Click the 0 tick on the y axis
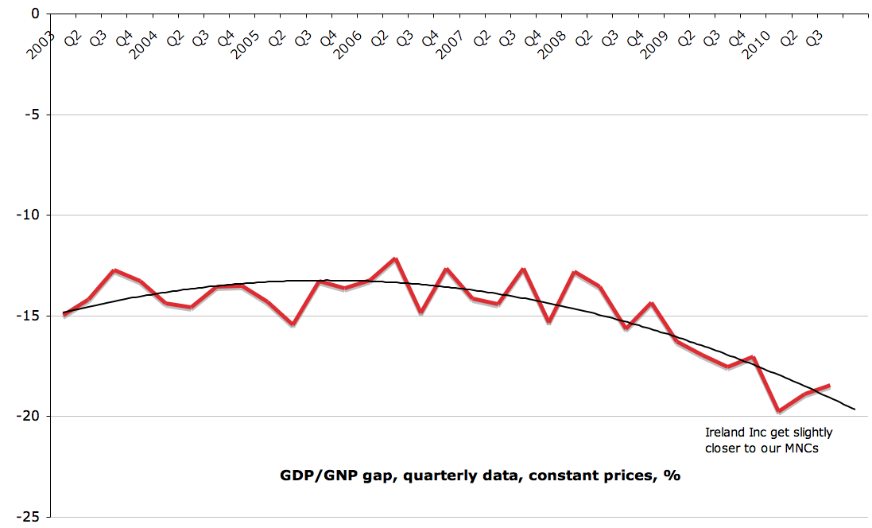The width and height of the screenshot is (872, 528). point(33,14)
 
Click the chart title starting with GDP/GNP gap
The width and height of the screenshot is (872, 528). point(480,476)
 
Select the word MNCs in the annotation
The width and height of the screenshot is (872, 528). point(797,448)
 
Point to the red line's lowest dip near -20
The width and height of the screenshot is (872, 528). point(778,411)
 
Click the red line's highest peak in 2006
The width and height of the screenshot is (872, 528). point(395,259)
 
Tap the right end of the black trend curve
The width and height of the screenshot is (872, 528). point(855,409)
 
